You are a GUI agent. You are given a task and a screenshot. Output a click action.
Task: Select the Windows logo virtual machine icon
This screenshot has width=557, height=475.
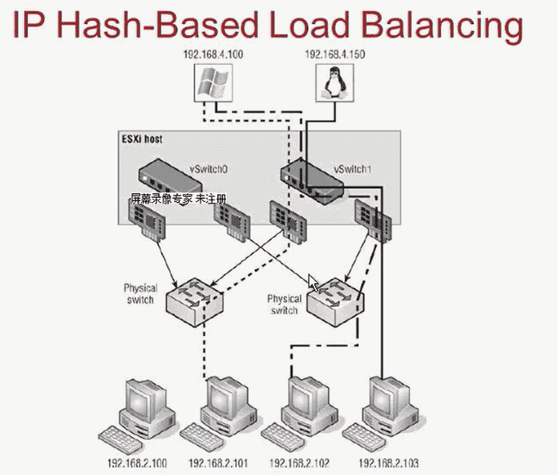(210, 84)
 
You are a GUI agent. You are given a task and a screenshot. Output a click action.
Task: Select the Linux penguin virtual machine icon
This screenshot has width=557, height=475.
(331, 85)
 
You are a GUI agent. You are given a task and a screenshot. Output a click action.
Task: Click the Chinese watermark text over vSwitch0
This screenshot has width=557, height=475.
(177, 199)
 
